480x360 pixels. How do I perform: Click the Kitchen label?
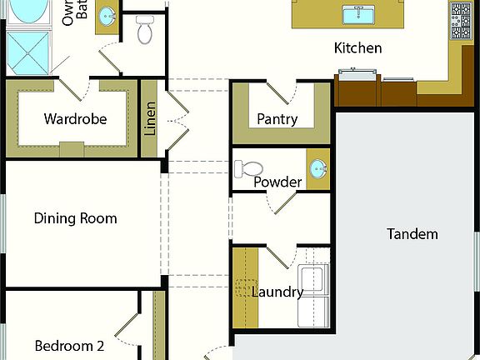point(358,48)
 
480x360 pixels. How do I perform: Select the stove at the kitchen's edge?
point(461,20)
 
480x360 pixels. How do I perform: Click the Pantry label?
point(277,119)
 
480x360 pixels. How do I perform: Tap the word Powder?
point(277,182)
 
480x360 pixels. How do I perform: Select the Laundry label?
point(277,292)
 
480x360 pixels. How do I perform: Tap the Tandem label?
point(412,234)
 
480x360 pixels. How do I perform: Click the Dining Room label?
point(75,219)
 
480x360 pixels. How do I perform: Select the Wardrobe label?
point(75,119)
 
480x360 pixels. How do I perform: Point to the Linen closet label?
point(150,119)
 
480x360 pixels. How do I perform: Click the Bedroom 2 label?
point(69,346)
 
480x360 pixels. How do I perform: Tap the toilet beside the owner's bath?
point(145,31)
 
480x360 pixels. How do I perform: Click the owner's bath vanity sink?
point(107,17)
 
